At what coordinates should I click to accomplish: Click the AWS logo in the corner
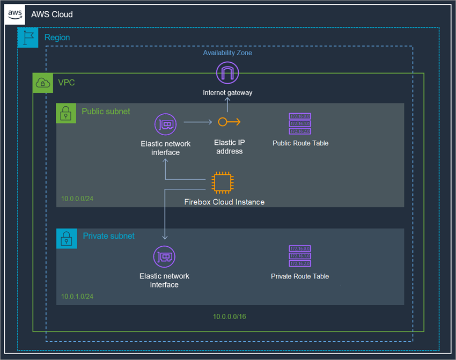(15, 14)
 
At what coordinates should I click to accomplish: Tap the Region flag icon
(28, 38)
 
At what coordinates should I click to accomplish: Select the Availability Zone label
(227, 53)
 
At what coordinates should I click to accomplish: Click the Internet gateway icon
(227, 72)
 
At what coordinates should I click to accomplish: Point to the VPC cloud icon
(43, 83)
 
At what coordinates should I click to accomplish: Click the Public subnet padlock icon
(66, 113)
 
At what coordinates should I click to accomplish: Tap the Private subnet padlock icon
(66, 239)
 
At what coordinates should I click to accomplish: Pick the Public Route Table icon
(300, 123)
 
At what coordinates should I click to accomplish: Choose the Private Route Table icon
(300, 256)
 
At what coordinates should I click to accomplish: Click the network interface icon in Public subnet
(165, 124)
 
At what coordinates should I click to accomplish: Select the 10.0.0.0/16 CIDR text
(229, 317)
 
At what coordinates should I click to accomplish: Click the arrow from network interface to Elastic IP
(197, 122)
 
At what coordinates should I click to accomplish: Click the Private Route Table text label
(300, 276)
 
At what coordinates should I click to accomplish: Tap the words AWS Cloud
(52, 14)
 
